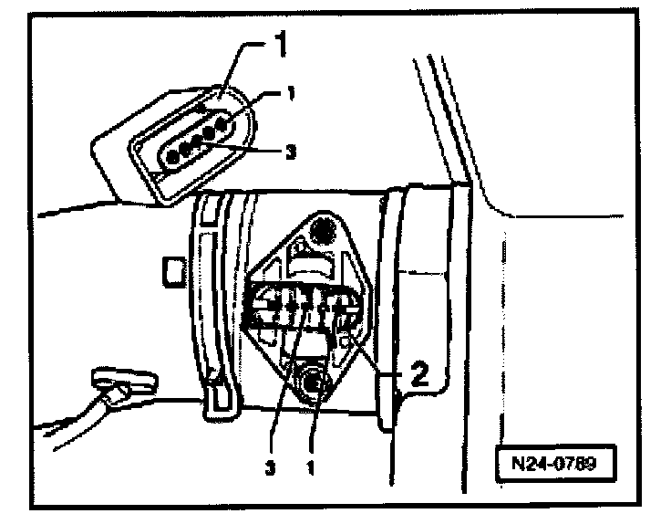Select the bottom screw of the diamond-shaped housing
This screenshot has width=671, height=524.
[315, 383]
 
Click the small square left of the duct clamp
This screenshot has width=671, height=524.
[170, 270]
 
